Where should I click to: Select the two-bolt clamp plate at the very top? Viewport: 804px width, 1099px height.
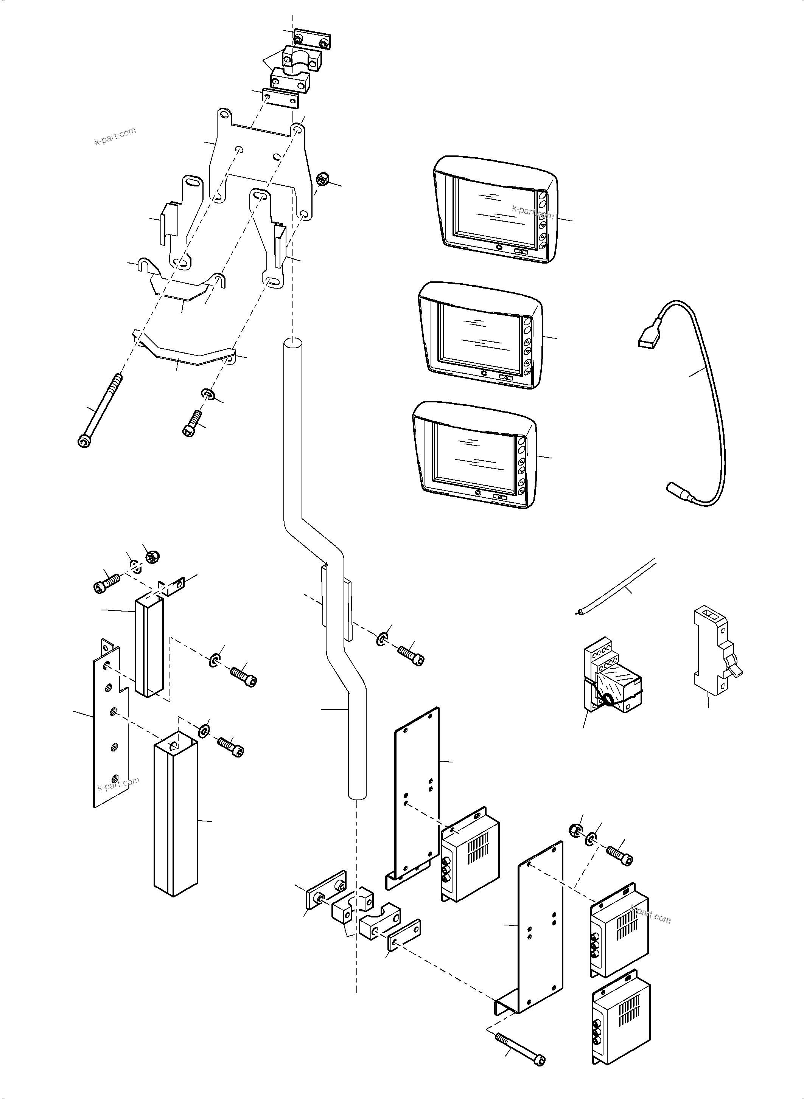[x=312, y=39]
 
